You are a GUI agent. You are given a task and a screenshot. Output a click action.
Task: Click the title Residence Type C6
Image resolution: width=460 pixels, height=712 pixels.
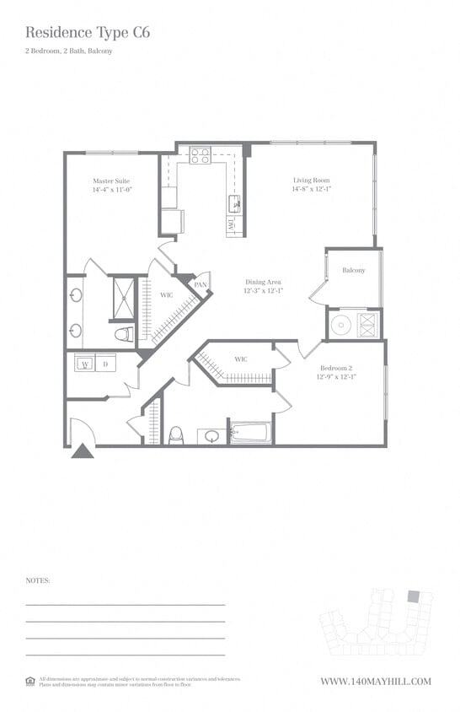coord(88,33)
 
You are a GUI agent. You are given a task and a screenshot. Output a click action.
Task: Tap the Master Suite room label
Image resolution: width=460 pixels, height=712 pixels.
coord(112,181)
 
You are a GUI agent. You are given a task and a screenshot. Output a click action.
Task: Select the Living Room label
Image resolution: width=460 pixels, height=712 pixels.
coord(311,181)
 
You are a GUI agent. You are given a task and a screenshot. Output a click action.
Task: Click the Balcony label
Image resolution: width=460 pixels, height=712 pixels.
coord(354,271)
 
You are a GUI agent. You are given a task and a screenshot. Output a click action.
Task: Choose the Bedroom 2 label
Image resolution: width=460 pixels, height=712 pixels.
coord(336,368)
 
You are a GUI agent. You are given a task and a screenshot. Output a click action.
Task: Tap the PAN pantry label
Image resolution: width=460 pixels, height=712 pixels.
coord(201,285)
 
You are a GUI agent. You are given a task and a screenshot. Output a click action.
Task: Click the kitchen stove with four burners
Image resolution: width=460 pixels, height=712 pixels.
coord(200,156)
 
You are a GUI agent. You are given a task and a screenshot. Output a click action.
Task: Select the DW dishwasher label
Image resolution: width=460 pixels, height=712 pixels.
coord(230,225)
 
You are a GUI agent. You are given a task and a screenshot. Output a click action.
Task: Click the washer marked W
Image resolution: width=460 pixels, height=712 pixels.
coord(85,365)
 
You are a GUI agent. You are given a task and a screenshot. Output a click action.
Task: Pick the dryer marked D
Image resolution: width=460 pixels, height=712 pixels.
coord(105,365)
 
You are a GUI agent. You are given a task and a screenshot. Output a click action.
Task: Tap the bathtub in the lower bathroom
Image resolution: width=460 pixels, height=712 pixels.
coord(250,434)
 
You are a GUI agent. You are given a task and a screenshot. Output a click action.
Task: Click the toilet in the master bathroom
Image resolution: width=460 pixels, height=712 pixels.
coord(125,334)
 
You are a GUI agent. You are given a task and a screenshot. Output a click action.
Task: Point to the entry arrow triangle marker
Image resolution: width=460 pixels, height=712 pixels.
coord(82,451)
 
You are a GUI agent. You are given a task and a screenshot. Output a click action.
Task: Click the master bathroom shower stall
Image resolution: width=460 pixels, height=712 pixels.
coord(124,298)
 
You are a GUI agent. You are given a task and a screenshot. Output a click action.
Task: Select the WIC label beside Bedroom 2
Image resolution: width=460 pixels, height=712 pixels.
coord(241,360)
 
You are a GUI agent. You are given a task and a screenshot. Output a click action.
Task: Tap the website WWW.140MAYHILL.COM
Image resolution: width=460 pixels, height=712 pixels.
coord(376,682)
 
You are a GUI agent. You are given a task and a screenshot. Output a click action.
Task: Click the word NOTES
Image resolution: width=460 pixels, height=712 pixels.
coord(38,581)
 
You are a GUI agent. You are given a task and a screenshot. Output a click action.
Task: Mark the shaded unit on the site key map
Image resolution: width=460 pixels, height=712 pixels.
coord(413,596)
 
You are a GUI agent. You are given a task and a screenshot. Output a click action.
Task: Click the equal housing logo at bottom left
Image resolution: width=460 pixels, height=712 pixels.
coord(30,681)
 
